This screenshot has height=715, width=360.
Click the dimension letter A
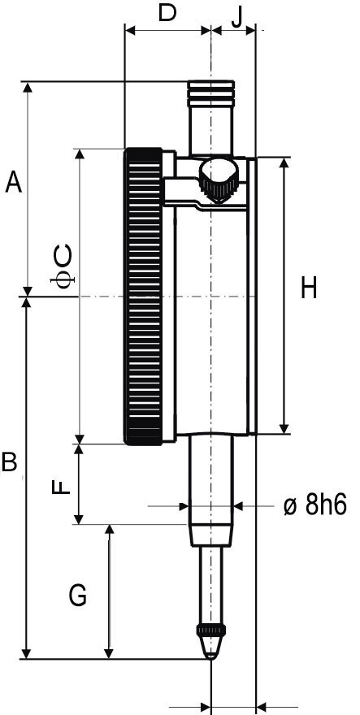pyautogui.click(x=13, y=182)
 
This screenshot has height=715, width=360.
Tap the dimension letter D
pyautogui.click(x=167, y=13)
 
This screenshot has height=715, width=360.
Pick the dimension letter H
pyautogui.click(x=309, y=288)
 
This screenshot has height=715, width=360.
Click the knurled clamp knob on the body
pyautogui.click(x=218, y=181)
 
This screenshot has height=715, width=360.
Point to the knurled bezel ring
pyautogui.click(x=142, y=297)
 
